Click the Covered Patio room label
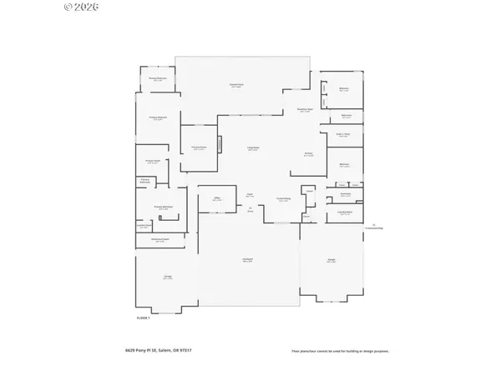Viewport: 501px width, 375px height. pos(236,85)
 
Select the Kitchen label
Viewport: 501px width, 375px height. pos(308,154)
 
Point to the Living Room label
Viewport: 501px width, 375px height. pos(252,148)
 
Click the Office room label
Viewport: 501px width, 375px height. pos(217,199)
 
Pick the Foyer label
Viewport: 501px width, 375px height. pos(250,195)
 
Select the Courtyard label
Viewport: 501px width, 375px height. pos(248,261)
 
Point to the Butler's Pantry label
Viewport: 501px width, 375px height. pos(343,134)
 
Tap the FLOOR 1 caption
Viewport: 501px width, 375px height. pos(143,317)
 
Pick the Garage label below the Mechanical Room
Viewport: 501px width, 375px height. pos(167,277)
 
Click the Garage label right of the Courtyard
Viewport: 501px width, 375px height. pos(331,261)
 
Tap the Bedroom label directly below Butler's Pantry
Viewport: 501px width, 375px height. pos(344,165)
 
